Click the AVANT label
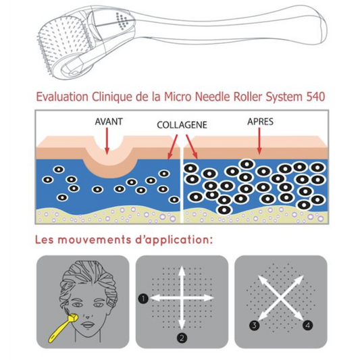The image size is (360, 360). (x=109, y=122)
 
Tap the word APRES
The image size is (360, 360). (x=260, y=122)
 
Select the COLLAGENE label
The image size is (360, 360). (x=182, y=125)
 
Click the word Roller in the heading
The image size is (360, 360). (x=248, y=97)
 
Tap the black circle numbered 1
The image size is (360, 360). (x=143, y=299)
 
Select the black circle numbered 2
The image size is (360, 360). (x=182, y=338)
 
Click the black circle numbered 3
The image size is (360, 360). (x=255, y=325)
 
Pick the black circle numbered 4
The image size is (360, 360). (x=308, y=325)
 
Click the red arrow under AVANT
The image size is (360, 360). (x=107, y=140)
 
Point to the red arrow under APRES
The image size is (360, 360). (x=259, y=141)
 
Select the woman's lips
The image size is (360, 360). (x=88, y=325)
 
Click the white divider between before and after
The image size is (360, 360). (x=182, y=184)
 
